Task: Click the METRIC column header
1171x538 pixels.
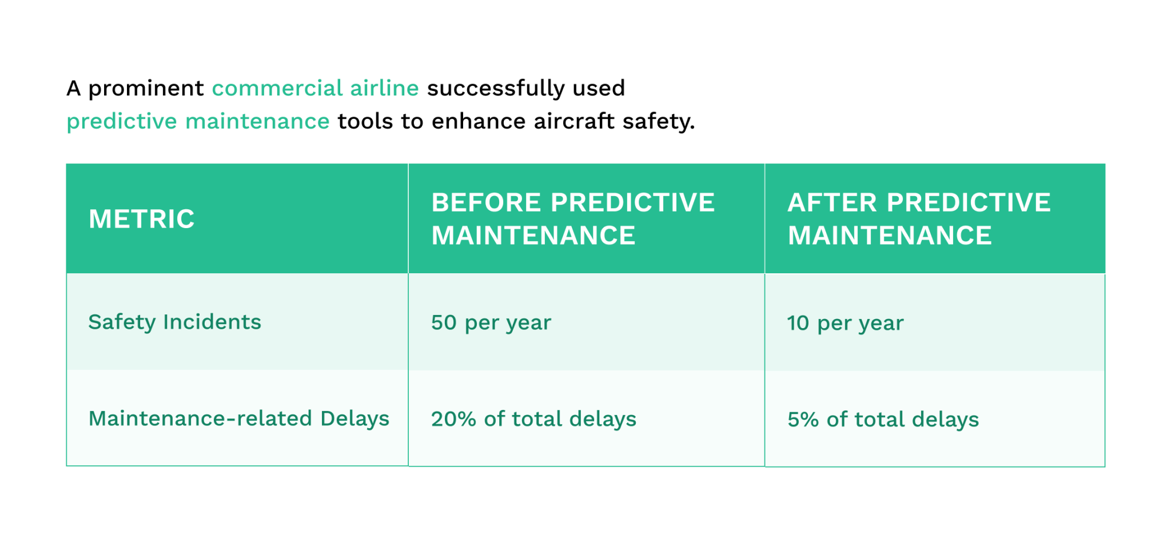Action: [141, 219]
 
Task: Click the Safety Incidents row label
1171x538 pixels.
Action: [174, 322]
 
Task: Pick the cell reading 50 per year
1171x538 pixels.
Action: [491, 322]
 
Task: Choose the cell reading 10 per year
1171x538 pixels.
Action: [845, 323]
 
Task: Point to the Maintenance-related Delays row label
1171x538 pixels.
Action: [238, 419]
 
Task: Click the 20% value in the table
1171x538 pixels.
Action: [453, 419]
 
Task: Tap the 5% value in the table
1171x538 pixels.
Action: [803, 420]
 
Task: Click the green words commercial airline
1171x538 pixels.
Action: [315, 88]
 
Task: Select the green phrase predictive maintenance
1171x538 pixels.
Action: [198, 121]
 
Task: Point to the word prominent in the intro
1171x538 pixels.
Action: [146, 89]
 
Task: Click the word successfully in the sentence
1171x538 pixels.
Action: [495, 88]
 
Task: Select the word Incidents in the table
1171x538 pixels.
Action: [212, 322]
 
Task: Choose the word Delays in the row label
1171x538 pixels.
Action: [355, 419]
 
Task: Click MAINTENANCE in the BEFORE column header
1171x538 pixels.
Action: [533, 236]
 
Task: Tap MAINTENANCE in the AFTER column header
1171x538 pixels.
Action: [889, 236]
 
